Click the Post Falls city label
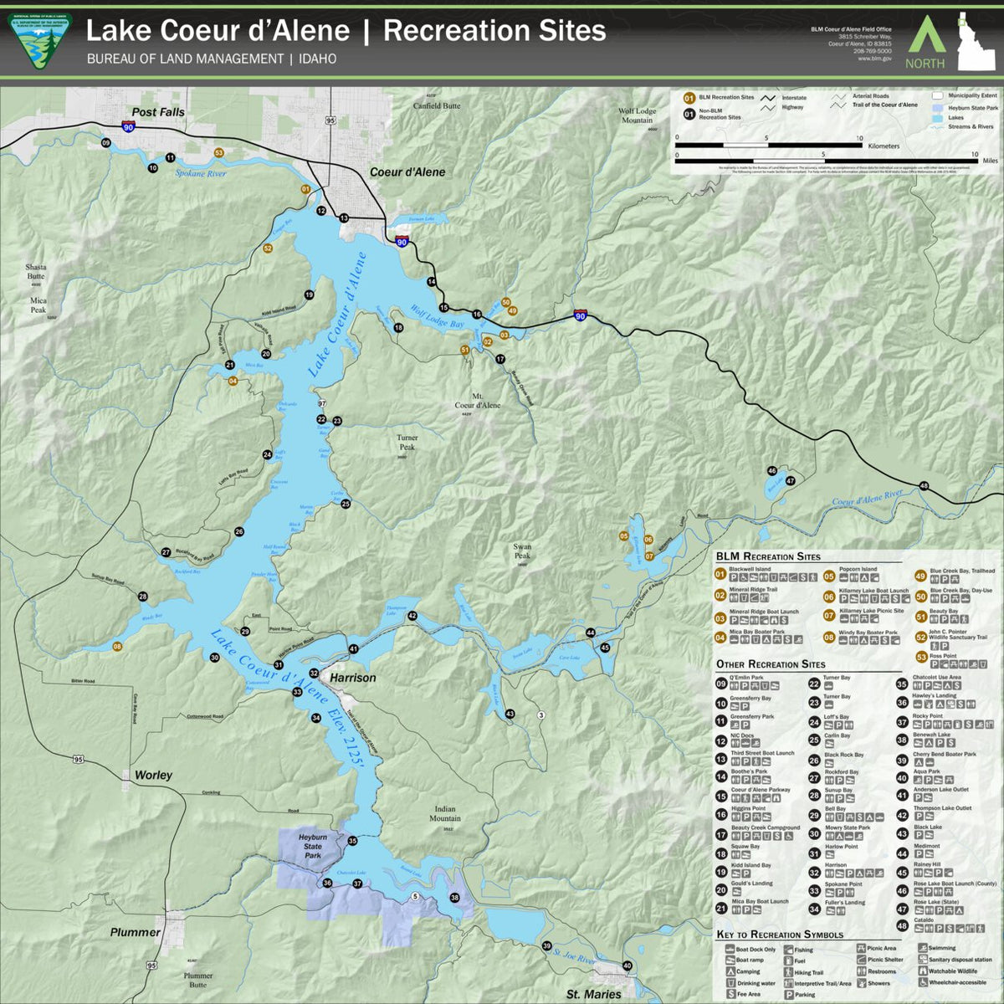158,112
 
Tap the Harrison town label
352,678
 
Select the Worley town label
153,776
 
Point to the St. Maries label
593,994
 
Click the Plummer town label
135,932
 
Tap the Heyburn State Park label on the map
313,846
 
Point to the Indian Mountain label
445,813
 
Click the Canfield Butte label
437,106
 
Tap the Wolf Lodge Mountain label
637,115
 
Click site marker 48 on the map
924,486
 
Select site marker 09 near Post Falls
105,143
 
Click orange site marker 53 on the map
219,153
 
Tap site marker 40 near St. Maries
627,966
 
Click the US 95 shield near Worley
79,759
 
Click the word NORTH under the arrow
925,64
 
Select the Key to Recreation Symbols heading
780,935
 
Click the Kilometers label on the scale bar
884,146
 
